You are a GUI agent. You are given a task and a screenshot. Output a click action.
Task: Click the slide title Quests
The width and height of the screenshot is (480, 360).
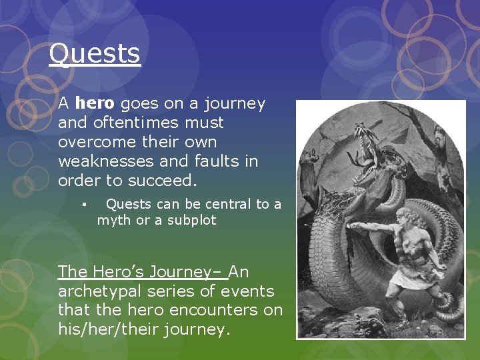(x=95, y=54)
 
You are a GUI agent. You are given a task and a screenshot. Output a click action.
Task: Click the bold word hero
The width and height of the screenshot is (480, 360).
(x=95, y=104)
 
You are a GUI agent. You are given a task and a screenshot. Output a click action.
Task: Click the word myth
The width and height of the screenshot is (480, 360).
(x=114, y=221)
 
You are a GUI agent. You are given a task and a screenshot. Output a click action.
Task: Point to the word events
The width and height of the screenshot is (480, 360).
(x=251, y=291)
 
